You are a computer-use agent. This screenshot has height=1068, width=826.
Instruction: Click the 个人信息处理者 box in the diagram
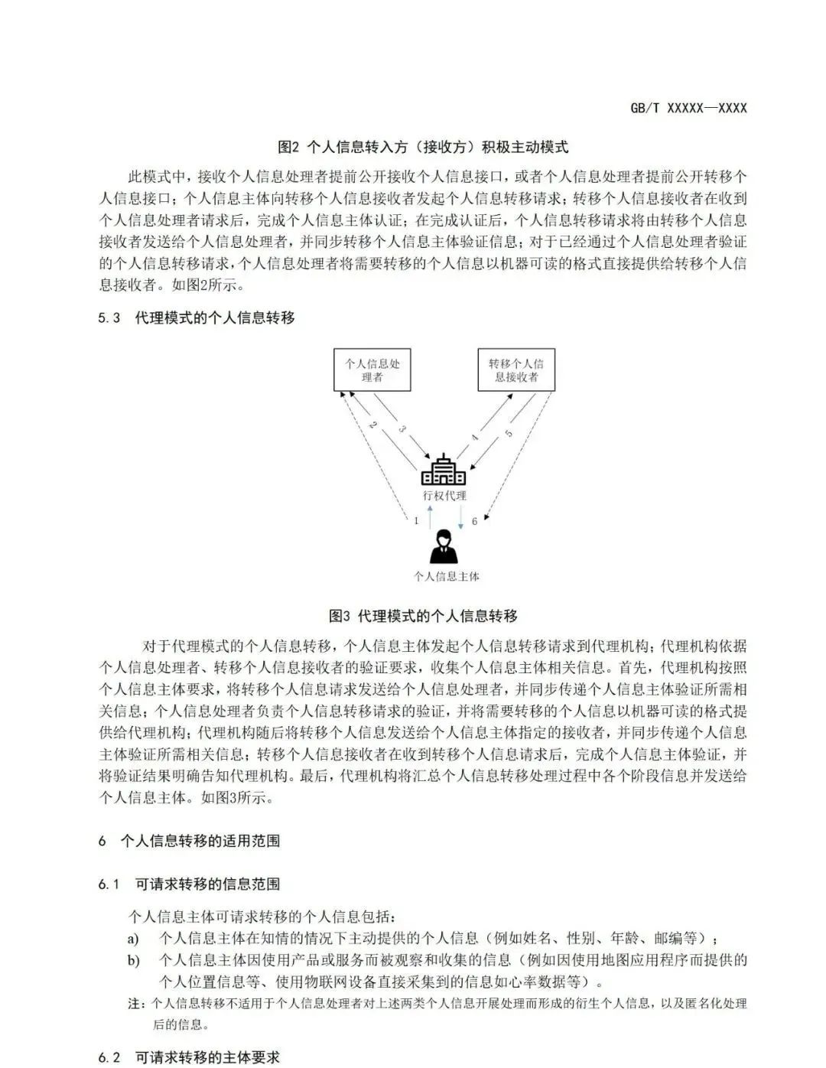point(372,370)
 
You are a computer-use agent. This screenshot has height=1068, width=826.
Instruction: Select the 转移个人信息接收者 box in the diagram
point(516,370)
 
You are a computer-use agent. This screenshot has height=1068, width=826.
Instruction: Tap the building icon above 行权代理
point(444,470)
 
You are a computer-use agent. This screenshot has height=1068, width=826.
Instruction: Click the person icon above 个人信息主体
point(444,547)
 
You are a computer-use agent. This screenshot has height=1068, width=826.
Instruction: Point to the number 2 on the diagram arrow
point(372,425)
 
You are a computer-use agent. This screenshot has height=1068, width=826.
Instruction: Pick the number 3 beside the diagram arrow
point(402,429)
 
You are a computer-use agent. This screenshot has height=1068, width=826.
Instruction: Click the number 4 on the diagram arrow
point(475,438)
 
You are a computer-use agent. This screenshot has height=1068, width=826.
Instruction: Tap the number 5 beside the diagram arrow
point(509,434)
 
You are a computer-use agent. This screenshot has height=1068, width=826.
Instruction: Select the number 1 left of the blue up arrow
point(416,521)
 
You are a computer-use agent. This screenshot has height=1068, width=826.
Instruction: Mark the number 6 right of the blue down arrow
point(474,521)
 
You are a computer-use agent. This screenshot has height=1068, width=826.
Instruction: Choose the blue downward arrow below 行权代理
point(461,518)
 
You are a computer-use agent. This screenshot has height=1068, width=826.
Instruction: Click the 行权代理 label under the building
point(444,496)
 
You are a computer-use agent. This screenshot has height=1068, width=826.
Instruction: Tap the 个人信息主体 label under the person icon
point(446,577)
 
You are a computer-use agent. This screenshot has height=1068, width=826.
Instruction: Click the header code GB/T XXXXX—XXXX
point(688,108)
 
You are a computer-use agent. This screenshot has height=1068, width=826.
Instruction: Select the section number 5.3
point(109,317)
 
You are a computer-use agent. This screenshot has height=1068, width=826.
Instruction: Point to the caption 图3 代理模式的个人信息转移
point(423,616)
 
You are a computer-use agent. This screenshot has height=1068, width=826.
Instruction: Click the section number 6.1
point(109,884)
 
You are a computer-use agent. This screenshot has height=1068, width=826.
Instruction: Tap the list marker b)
point(133,960)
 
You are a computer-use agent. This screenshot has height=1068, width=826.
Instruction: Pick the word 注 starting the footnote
point(135,1004)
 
